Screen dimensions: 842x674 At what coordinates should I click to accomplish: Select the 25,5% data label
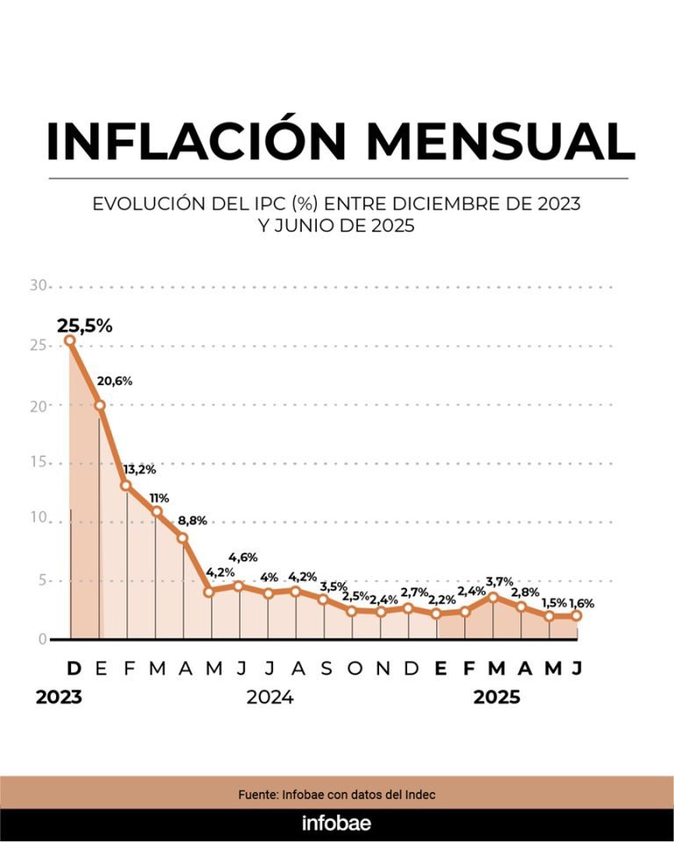pyautogui.click(x=85, y=325)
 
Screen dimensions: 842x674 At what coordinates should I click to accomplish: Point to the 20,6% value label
pyautogui.click(x=114, y=381)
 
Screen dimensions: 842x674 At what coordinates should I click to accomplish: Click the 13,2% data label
pyautogui.click(x=140, y=469)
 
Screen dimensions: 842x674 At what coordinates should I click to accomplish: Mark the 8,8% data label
pyautogui.click(x=192, y=520)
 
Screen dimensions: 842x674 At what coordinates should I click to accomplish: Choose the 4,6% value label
pyautogui.click(x=242, y=557)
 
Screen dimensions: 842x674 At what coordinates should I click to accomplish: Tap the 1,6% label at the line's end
pyautogui.click(x=581, y=603)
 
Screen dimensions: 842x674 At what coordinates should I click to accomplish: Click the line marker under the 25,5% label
pyautogui.click(x=70, y=341)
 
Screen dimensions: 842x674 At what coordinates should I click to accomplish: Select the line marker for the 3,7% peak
pyautogui.click(x=493, y=597)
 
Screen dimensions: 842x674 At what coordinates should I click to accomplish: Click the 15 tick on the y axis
pyautogui.click(x=37, y=462)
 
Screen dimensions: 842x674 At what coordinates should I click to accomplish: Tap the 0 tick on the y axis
pyautogui.click(x=41, y=639)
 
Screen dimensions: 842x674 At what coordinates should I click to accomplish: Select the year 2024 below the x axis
pyautogui.click(x=269, y=698)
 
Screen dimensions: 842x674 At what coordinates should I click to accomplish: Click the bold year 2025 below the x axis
pyautogui.click(x=497, y=698)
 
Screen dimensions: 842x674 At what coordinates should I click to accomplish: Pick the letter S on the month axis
pyautogui.click(x=325, y=669)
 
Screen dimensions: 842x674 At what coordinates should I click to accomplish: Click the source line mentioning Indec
pyautogui.click(x=337, y=794)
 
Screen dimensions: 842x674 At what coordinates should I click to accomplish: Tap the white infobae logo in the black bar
pyautogui.click(x=336, y=824)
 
